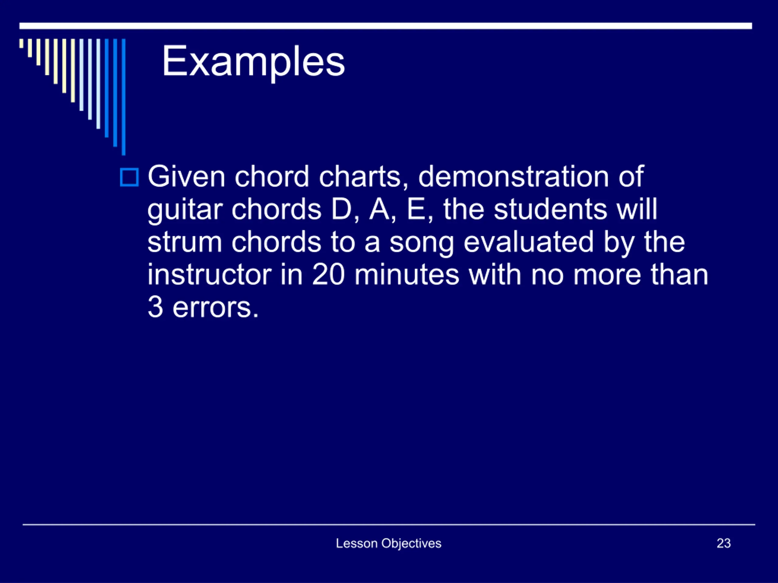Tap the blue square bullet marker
coord(129,177)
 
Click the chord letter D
coord(342,210)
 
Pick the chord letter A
coord(380,210)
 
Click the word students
coord(550,210)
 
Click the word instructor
coord(210,275)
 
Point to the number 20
coord(328,275)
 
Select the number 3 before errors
coord(156,308)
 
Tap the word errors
coord(215,309)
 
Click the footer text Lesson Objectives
coord(389,543)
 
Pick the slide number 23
coord(724,543)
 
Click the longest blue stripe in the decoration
coord(123,97)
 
